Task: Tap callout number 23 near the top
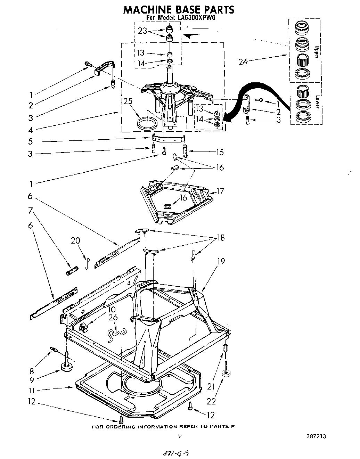point(143,31)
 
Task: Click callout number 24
point(244,62)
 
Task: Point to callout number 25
point(128,102)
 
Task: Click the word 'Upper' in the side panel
point(316,52)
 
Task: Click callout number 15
point(219,152)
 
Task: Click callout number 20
point(75,240)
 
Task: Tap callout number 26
point(113,317)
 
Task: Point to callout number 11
point(32,390)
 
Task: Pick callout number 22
point(211,401)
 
